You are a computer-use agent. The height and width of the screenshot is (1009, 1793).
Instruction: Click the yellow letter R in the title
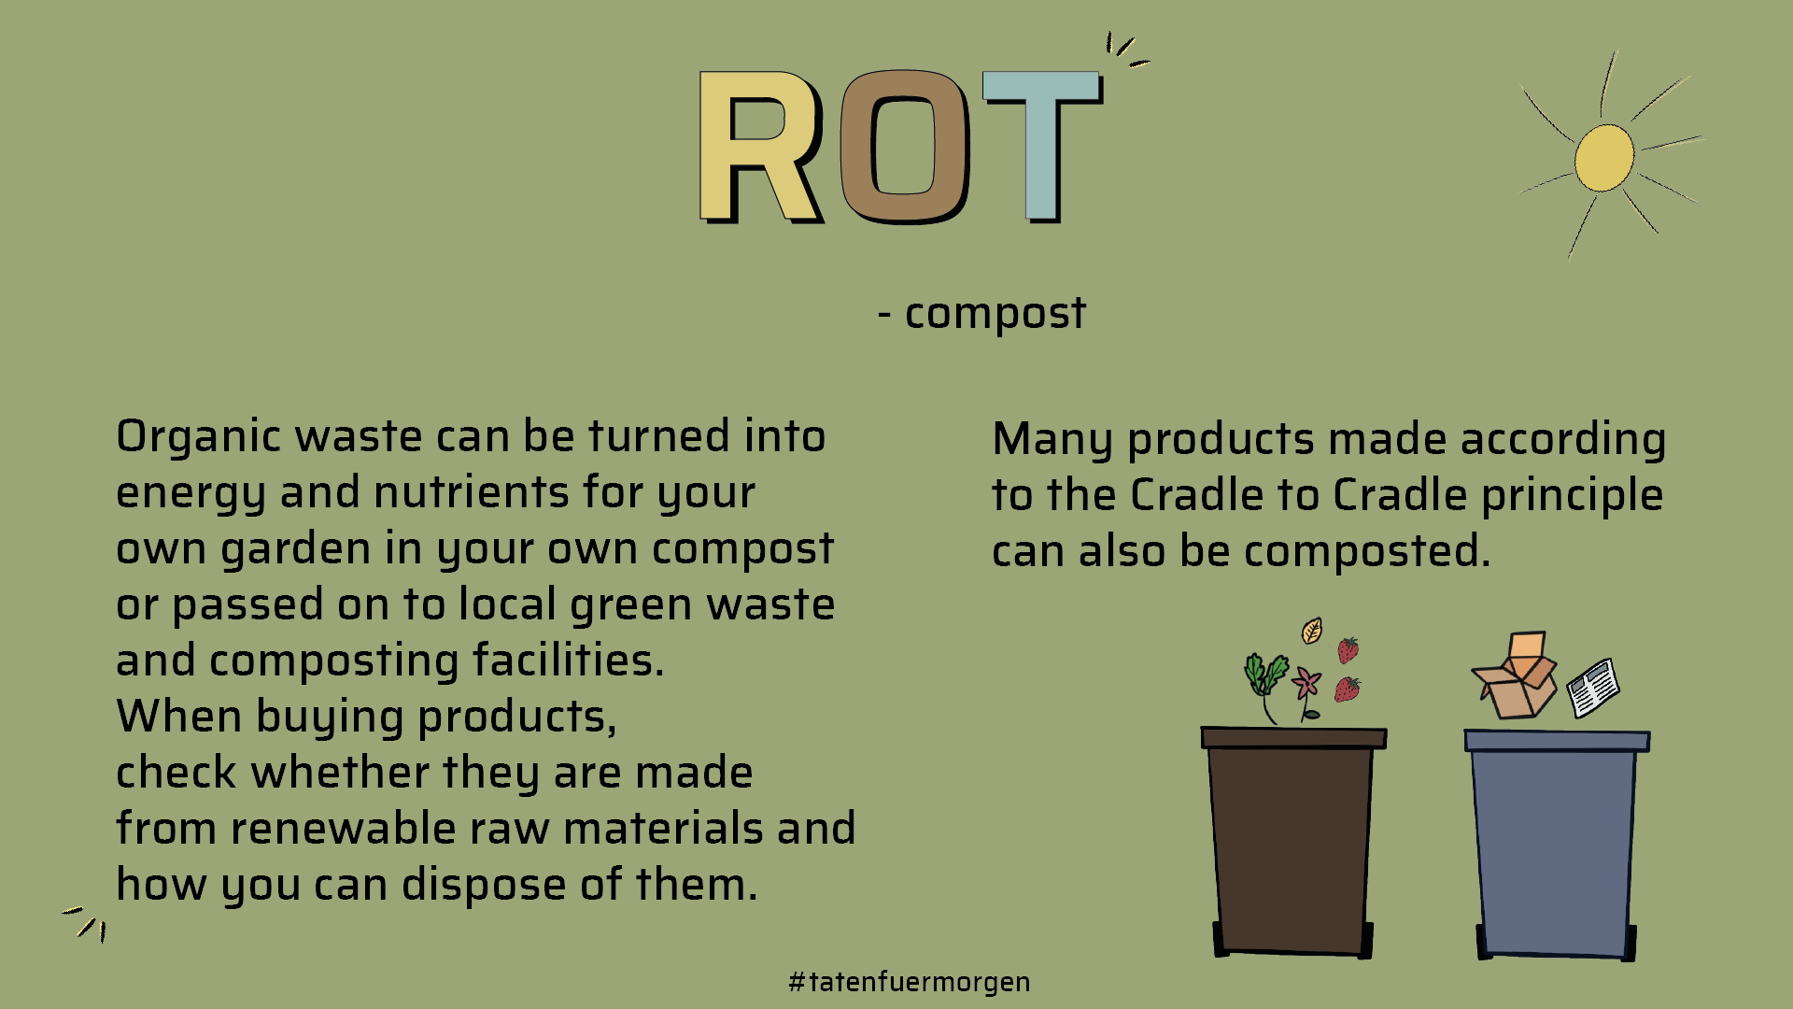pyautogui.click(x=758, y=148)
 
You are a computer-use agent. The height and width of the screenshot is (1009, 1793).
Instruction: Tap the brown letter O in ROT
pyautogui.click(x=904, y=148)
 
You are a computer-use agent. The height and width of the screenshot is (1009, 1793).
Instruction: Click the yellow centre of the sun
pyautogui.click(x=1604, y=157)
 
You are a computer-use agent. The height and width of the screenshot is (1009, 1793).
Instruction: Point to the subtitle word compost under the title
pyautogui.click(x=995, y=314)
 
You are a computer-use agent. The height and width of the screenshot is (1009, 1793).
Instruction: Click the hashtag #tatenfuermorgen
pyautogui.click(x=910, y=982)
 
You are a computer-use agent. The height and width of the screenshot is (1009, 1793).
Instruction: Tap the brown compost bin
pyautogui.click(x=1292, y=841)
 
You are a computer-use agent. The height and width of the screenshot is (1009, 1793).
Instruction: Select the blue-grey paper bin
pyautogui.click(x=1557, y=845)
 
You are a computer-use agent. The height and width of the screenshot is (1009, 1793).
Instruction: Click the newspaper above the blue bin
pyautogui.click(x=1593, y=688)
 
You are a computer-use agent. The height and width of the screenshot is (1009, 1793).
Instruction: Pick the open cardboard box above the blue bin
pyautogui.click(x=1515, y=676)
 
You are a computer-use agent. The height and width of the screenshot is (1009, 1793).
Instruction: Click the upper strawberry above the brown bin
pyautogui.click(x=1348, y=649)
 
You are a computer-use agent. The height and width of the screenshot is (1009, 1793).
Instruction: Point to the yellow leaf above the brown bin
pyautogui.click(x=1312, y=631)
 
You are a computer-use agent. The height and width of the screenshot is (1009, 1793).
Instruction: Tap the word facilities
pyautogui.click(x=568, y=661)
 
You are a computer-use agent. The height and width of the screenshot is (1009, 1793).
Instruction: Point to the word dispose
pyautogui.click(x=484, y=886)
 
